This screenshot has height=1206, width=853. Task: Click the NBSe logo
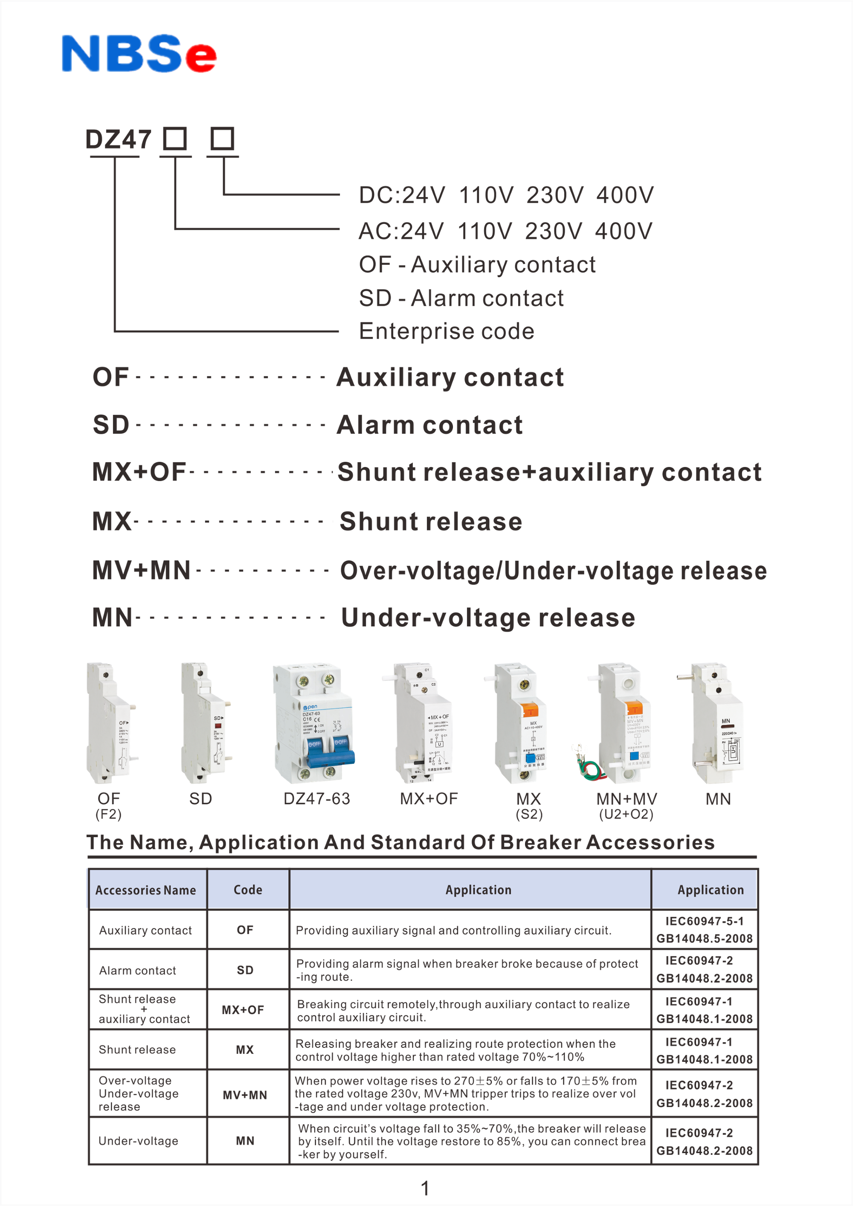(x=139, y=54)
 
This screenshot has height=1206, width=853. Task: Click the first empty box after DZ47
(x=175, y=139)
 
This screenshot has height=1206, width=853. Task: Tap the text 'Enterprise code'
(x=447, y=331)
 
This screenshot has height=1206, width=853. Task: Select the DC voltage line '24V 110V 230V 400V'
(x=506, y=195)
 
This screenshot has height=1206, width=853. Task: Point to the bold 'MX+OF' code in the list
(x=139, y=472)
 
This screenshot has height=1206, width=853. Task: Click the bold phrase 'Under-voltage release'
(x=488, y=617)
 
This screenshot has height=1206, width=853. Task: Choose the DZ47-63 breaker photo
(x=314, y=723)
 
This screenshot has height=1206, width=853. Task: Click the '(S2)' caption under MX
(x=529, y=814)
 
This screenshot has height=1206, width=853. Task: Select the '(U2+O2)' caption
(x=626, y=814)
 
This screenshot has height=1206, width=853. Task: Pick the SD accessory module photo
(x=205, y=723)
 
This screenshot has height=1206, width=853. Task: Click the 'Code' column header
(x=248, y=890)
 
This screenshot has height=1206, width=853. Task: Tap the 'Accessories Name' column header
(x=145, y=890)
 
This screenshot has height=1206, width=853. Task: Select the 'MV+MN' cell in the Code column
(x=245, y=1095)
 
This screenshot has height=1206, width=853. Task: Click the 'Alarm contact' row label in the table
(x=138, y=971)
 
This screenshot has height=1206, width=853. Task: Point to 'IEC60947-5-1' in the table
(x=704, y=921)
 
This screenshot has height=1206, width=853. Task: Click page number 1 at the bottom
(x=425, y=1188)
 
